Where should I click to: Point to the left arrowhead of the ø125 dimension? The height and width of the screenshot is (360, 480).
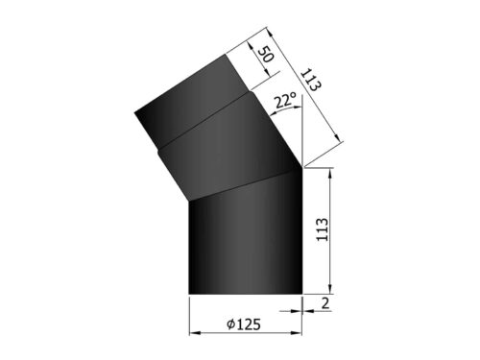coord(192,333)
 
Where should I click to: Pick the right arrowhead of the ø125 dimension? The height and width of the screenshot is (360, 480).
coord(297,333)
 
